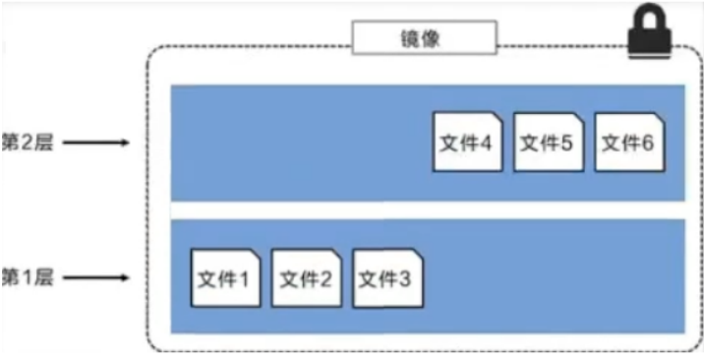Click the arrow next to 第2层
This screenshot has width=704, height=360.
98,144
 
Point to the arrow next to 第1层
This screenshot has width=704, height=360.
98,278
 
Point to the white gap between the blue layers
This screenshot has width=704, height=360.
428,210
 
